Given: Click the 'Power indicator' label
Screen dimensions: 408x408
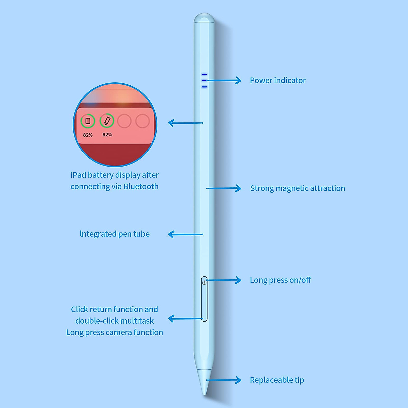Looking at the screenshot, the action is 278,81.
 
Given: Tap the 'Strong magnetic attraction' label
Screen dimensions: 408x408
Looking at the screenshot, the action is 297,188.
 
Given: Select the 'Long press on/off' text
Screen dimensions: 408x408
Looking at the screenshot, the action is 280,280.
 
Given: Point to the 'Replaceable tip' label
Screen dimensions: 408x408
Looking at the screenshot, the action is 277,380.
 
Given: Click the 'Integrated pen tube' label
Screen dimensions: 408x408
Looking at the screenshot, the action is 115,234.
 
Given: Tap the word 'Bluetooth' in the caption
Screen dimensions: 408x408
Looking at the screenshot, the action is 141,187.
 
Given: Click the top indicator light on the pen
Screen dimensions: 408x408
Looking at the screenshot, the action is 204,74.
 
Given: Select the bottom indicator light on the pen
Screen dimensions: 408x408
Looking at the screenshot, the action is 204,87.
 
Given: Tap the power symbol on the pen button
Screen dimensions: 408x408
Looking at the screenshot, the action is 204,282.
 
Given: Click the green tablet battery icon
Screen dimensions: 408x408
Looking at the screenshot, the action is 88,121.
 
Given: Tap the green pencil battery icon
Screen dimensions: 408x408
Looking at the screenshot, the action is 107,120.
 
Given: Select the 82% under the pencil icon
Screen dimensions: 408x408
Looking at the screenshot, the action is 107,135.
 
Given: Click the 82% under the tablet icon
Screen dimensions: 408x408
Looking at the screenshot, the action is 88,135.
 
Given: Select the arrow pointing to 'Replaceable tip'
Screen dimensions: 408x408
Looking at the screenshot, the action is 224,380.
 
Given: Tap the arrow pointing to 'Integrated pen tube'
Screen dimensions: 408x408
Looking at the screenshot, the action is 185,234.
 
